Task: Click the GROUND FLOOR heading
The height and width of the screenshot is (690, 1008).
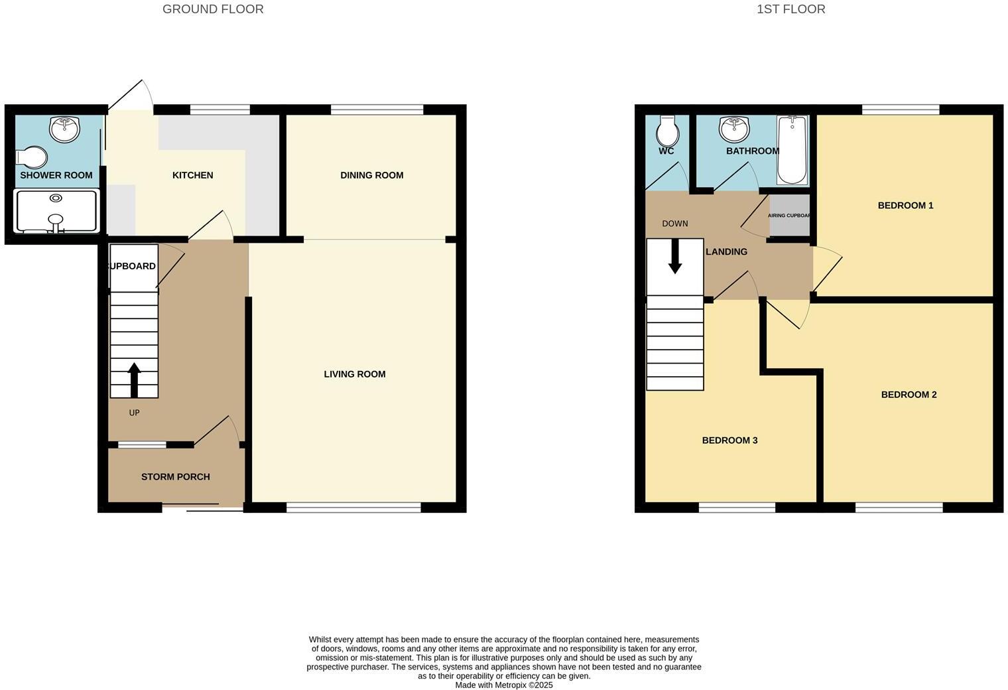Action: tap(213, 9)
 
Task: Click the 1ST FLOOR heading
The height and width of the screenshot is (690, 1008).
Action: tap(790, 9)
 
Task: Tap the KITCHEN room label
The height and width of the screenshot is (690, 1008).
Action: tap(192, 175)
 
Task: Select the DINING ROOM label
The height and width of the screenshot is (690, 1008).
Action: tap(371, 175)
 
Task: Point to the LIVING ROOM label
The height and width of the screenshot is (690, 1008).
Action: tap(354, 374)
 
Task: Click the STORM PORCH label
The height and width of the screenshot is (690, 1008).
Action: tap(175, 476)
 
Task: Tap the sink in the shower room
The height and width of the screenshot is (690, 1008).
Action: tap(64, 128)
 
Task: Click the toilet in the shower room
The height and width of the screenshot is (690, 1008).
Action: tap(32, 157)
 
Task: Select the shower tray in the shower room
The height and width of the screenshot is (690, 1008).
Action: tap(56, 211)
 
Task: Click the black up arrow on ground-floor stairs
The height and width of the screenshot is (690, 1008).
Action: tap(134, 379)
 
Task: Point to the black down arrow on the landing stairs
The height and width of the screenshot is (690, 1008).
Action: tap(674, 255)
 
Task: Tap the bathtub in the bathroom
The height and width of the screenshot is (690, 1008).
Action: tap(792, 150)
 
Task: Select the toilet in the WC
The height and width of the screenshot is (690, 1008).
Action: tap(667, 131)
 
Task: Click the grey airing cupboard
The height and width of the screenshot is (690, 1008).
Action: tap(789, 216)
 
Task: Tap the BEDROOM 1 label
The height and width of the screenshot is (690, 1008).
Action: tap(905, 206)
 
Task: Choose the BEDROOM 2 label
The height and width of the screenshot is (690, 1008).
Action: tap(909, 395)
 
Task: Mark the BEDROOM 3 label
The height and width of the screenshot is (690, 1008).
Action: tap(729, 441)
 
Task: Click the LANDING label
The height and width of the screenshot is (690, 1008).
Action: tap(726, 252)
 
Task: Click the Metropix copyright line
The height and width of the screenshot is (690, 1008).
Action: tap(503, 685)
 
